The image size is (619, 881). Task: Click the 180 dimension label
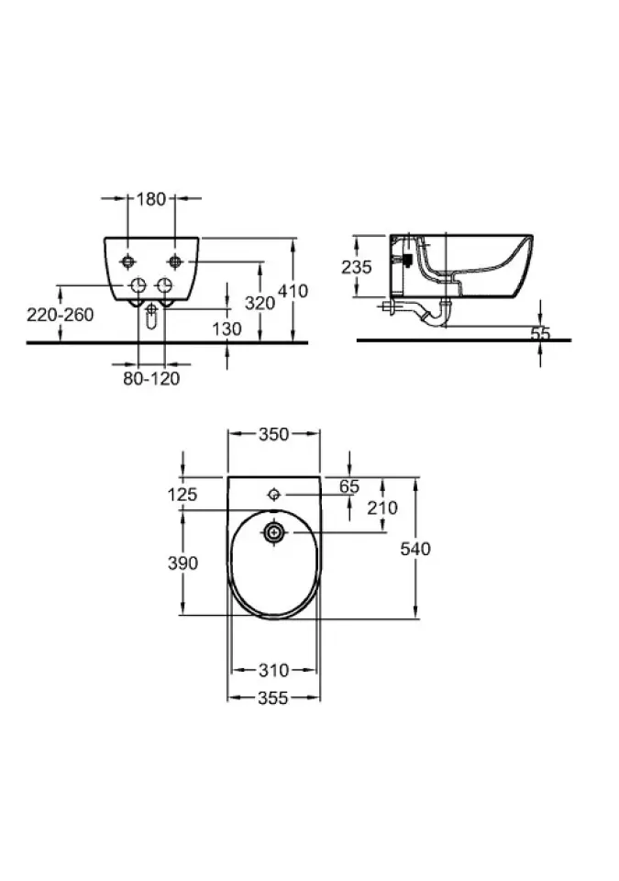(151, 199)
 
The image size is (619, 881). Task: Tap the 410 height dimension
(293, 291)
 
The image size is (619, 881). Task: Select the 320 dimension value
(260, 304)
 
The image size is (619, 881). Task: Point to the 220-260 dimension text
(61, 315)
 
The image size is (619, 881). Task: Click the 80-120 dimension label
(151, 378)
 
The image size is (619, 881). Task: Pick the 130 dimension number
(227, 329)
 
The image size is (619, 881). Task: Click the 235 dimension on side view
(356, 267)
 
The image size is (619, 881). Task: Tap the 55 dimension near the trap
(540, 334)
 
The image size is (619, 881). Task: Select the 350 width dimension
(273, 434)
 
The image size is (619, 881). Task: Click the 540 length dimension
(415, 549)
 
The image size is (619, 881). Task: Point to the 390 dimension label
(183, 563)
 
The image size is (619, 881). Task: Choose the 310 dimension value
(273, 670)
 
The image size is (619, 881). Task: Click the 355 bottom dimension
(273, 697)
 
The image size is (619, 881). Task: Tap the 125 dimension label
(182, 495)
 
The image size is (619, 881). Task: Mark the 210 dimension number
(382, 507)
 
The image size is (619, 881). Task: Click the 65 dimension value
(348, 486)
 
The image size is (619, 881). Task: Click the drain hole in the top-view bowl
(274, 532)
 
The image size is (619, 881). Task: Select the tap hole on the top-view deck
(274, 495)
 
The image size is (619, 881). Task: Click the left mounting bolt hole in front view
(128, 262)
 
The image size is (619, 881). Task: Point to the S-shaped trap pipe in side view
(427, 315)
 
